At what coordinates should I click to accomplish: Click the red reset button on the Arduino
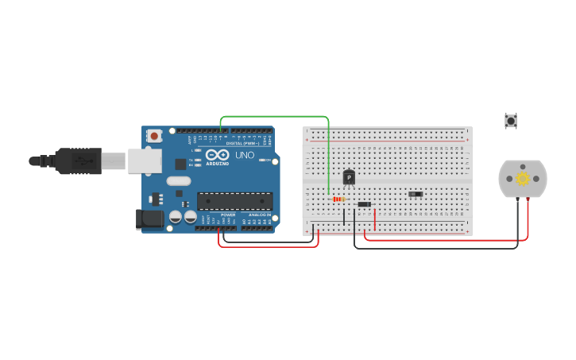[x=154, y=136]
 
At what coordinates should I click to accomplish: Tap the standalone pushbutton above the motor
[x=511, y=121]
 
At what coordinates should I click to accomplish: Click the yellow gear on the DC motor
[x=523, y=179]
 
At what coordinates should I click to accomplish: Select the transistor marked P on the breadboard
[x=349, y=178]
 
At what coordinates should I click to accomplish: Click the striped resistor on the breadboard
[x=338, y=199]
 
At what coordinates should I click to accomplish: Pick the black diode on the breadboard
[x=364, y=204]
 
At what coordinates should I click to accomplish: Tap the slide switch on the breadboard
[x=416, y=194]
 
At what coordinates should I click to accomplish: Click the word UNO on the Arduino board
[x=245, y=155]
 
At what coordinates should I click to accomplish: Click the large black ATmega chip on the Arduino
[x=234, y=201]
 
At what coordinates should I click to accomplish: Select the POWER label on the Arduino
[x=228, y=215]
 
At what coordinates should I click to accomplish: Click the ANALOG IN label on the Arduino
[x=258, y=215]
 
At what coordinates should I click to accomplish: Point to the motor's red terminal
[x=528, y=200]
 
